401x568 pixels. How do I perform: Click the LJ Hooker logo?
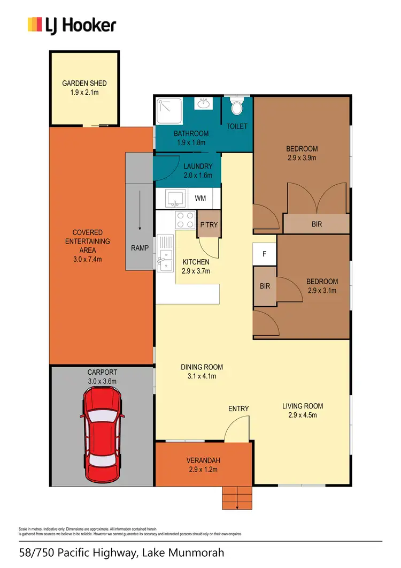72,25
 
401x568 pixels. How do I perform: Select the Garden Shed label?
84,83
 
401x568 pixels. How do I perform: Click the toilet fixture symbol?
237,107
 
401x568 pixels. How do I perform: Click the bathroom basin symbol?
203,103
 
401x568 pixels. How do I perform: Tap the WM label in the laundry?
200,198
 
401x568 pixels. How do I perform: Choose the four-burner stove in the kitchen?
185,220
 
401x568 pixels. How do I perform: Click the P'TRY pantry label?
209,225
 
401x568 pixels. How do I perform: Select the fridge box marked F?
264,254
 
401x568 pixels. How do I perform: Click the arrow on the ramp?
140,211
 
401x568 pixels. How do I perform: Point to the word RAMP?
140,248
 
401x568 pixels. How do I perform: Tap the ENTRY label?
238,408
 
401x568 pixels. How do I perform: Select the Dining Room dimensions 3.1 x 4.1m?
202,376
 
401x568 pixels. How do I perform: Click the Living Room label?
303,406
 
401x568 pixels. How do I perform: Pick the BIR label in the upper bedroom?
317,224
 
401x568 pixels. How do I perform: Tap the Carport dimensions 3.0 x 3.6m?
102,381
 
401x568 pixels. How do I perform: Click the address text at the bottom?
121,552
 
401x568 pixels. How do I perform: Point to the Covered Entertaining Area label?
91,241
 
